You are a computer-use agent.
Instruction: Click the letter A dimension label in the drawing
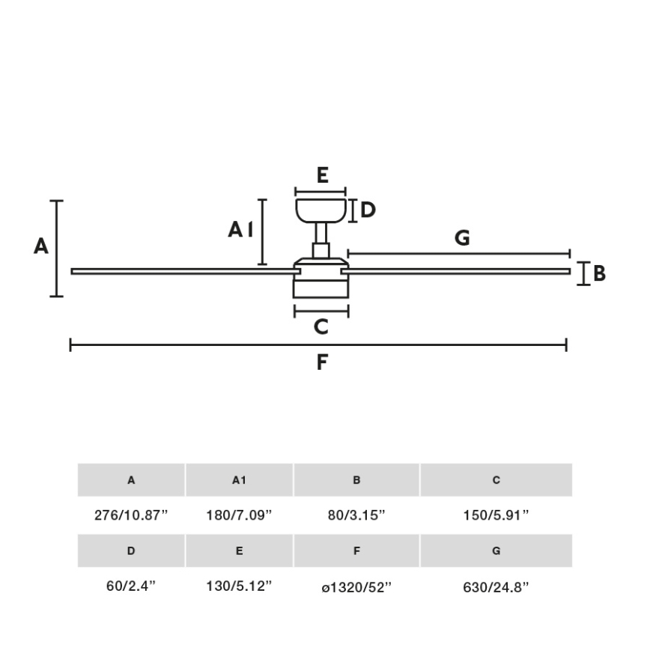click(x=41, y=246)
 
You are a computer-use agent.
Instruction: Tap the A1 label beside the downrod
click(x=242, y=230)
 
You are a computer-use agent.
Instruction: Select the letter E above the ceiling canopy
click(x=322, y=175)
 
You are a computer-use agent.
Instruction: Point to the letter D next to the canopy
click(x=368, y=210)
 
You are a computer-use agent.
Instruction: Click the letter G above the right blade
click(x=462, y=238)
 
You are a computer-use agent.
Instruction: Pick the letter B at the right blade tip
click(x=599, y=274)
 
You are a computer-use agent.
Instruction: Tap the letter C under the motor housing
click(x=321, y=327)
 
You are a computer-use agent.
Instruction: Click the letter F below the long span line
click(x=322, y=362)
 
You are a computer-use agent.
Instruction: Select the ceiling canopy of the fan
click(x=321, y=209)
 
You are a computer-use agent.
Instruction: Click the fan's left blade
click(x=180, y=271)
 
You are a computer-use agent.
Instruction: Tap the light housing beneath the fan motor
click(x=321, y=288)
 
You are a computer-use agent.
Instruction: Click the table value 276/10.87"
click(x=131, y=515)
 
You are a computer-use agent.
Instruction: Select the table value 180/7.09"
click(x=239, y=515)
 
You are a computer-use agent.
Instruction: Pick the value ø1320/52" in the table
click(x=356, y=587)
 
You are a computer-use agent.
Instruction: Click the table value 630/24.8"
click(x=496, y=587)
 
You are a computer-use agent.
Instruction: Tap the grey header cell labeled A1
click(x=239, y=480)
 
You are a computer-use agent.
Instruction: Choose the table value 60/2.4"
click(x=131, y=587)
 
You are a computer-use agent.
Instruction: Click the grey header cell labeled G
click(x=496, y=551)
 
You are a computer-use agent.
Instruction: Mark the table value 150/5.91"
click(x=496, y=515)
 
